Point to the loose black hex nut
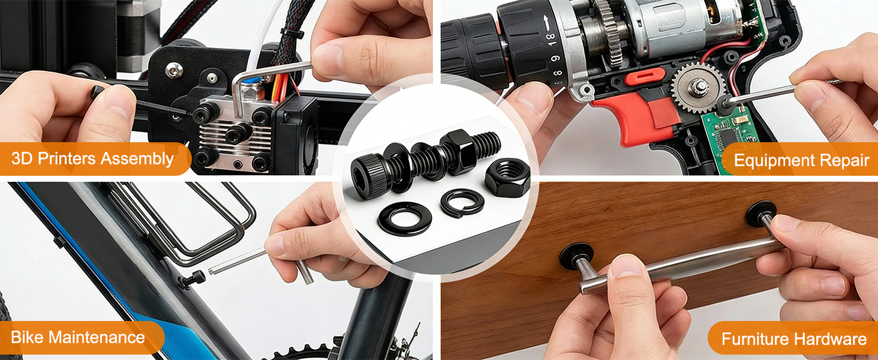click(x=507, y=177)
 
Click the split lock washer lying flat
click(x=462, y=202)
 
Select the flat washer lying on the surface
click(x=404, y=218)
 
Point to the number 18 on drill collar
click(x=552, y=38)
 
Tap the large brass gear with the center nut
click(x=698, y=88)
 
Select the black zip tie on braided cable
click(x=291, y=34)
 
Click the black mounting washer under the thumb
click(x=576, y=257)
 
